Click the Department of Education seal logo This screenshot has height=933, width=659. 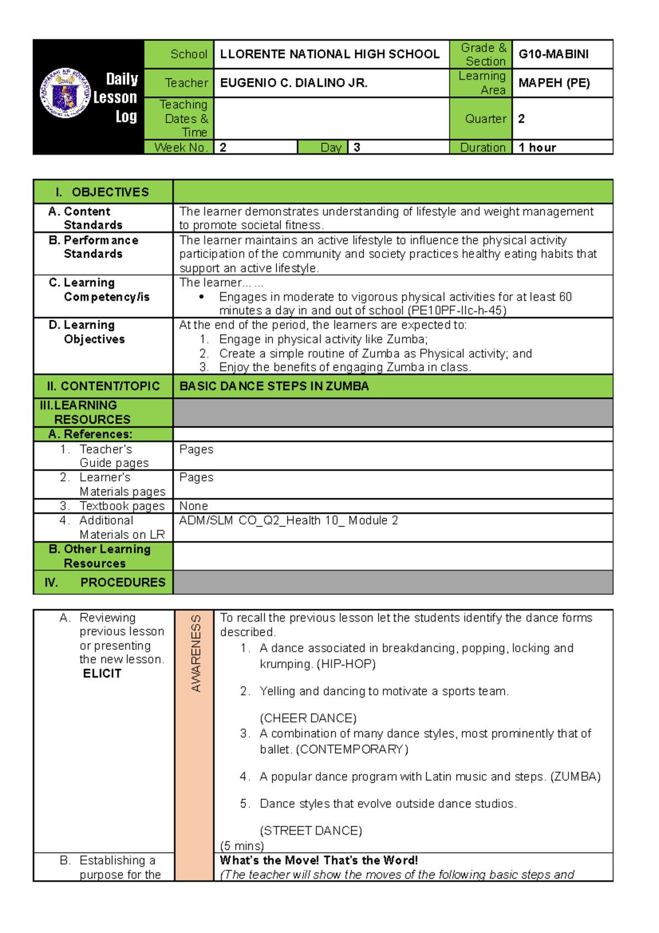pos(65,93)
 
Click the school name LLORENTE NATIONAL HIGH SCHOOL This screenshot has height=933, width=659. pos(329,54)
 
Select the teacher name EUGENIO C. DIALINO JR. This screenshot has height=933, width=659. pos(293,83)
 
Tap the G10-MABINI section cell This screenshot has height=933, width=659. pos(553,54)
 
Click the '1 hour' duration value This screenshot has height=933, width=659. pos(537,147)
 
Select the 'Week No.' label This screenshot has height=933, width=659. pos(180,147)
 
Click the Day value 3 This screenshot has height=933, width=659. pos(357,147)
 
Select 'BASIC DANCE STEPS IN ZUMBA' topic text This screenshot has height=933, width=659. pos(274,386)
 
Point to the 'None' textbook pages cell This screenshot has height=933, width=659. pos(193,506)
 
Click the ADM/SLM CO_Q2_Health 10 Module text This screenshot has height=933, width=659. pos(288,520)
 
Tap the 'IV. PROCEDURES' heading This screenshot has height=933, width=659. pos(104,582)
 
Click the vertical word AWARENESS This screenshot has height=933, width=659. pos(196,653)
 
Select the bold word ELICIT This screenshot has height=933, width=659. pos(102,674)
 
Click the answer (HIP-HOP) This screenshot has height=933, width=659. pos(346,664)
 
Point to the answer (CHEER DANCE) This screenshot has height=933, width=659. pos(308,718)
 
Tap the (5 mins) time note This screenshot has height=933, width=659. pos(242,846)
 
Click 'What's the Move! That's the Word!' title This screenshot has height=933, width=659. pos(319,860)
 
